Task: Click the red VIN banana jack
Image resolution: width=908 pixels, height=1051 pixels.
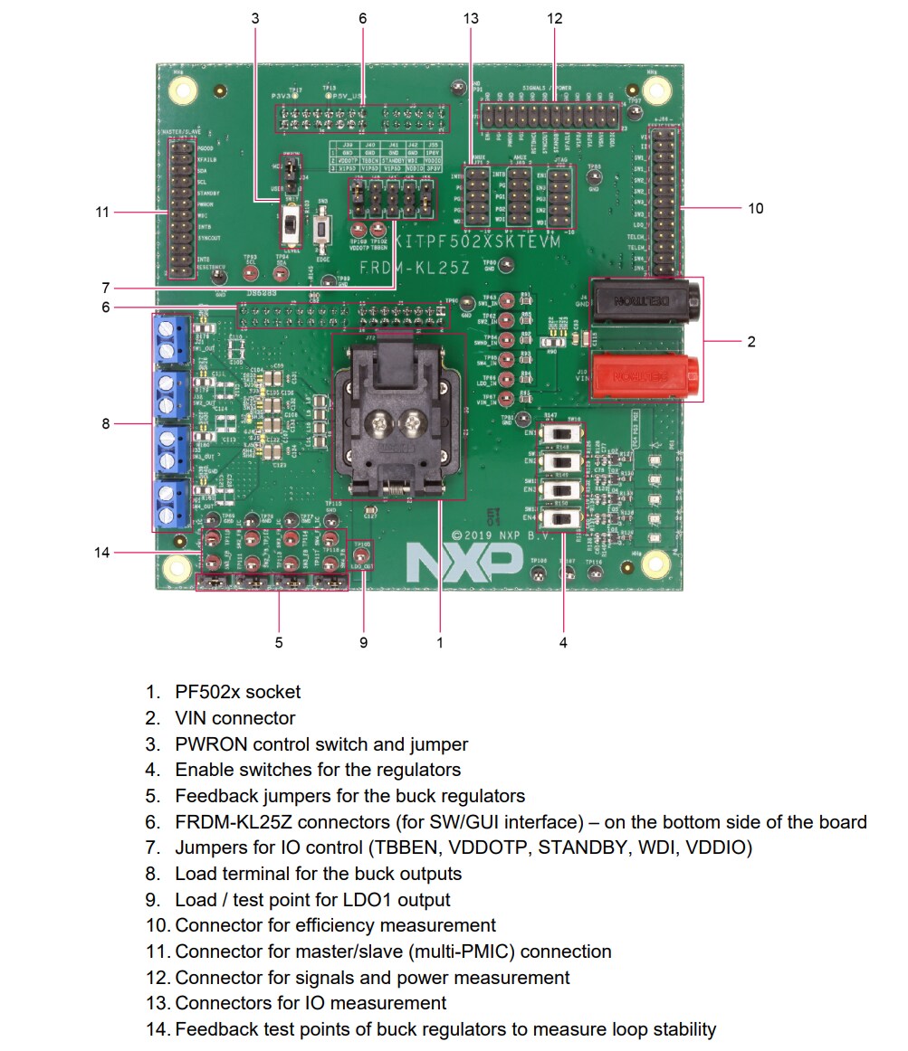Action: [x=645, y=374]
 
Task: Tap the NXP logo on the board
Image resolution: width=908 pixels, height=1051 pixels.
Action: [x=449, y=563]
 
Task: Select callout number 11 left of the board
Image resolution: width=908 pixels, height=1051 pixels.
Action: [x=102, y=213]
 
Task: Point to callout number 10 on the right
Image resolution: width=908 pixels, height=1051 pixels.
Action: [x=756, y=208]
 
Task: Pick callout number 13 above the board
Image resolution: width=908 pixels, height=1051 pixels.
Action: [x=470, y=18]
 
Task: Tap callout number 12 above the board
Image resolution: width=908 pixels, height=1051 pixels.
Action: [x=554, y=18]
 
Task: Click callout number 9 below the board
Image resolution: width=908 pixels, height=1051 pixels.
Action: [x=363, y=642]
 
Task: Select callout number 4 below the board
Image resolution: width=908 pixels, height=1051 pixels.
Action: [x=563, y=642]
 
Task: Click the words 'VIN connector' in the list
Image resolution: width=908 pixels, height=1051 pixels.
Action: [x=235, y=718]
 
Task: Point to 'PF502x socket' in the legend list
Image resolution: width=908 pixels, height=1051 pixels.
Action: [x=237, y=692]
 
